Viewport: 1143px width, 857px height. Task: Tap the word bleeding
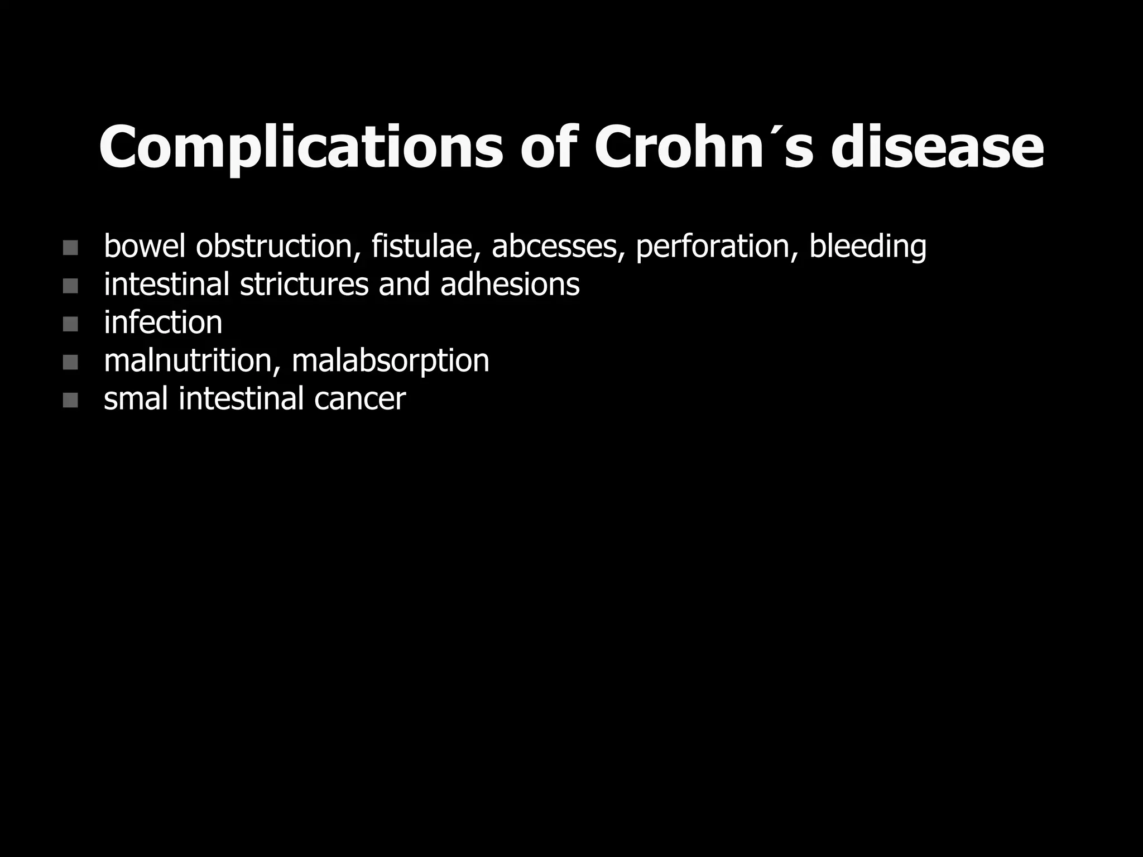pyautogui.click(x=868, y=247)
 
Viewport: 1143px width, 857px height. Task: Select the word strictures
pyautogui.click(x=304, y=284)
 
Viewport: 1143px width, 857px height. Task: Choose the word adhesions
pyautogui.click(x=510, y=284)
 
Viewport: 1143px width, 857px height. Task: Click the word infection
pyautogui.click(x=163, y=322)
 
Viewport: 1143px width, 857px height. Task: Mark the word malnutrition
pyautogui.click(x=192, y=360)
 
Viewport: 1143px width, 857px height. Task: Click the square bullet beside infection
pyautogui.click(x=70, y=324)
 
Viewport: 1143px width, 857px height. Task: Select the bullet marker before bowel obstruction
pyautogui.click(x=70, y=248)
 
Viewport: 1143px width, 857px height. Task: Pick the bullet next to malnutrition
pyautogui.click(x=70, y=362)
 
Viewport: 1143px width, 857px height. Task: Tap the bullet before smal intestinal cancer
pyautogui.click(x=70, y=400)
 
